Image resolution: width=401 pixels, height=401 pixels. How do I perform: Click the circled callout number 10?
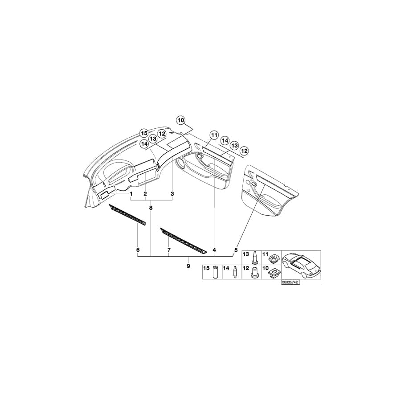tap(180, 120)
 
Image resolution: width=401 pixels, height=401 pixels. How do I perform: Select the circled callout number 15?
tap(144, 133)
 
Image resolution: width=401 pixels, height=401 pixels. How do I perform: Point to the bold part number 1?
tap(131, 194)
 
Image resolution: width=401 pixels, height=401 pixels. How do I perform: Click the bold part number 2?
tap(145, 194)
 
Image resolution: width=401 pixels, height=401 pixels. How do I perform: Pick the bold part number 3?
tap(172, 194)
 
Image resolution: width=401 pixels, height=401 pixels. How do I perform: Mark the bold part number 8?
tap(151, 208)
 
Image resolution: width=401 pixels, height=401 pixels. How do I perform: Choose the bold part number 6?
tap(138, 250)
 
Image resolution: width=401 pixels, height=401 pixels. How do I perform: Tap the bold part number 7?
tap(169, 250)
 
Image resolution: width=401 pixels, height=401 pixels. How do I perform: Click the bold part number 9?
tap(188, 266)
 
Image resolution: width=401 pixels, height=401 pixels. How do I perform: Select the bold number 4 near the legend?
tap(214, 250)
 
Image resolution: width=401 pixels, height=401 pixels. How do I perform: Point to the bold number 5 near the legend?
tap(236, 250)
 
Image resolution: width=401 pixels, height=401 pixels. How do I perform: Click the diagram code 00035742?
tap(290, 282)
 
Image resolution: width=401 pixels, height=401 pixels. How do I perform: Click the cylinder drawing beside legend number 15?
tap(215, 271)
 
